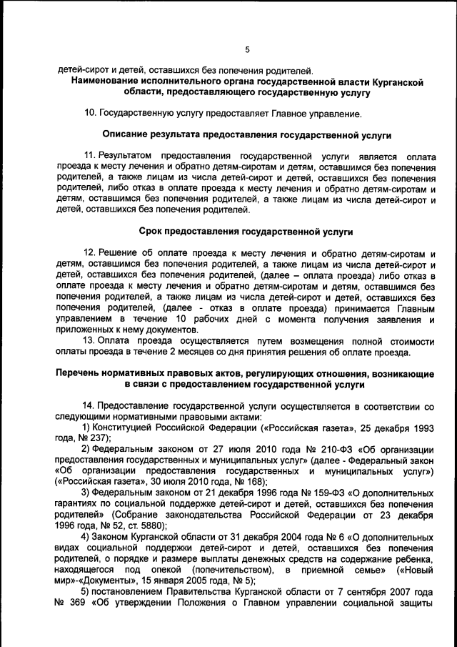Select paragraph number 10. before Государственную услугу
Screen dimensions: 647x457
point(91,113)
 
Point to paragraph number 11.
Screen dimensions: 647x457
point(91,154)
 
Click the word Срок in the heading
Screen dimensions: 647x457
point(150,232)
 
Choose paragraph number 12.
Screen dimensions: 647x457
point(91,253)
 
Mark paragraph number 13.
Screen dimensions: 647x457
point(91,342)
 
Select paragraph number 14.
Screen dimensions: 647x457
point(91,405)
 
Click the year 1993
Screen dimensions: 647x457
point(423,427)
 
